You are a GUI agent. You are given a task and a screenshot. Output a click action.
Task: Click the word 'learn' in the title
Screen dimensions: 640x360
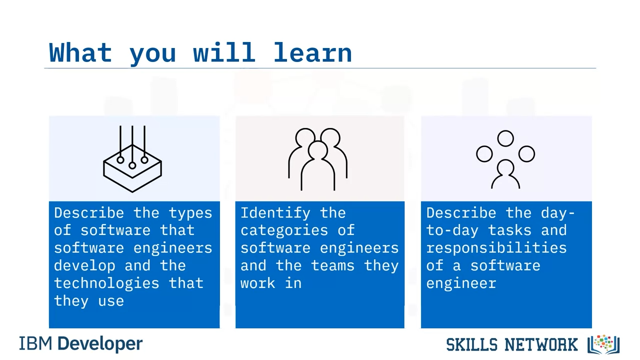coord(312,52)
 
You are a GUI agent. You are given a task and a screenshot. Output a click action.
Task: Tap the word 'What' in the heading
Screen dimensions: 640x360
coord(80,52)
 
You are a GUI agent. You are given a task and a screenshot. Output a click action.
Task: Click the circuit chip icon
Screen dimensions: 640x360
coord(132,159)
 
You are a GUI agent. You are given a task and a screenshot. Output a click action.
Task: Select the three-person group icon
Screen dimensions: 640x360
coord(317,159)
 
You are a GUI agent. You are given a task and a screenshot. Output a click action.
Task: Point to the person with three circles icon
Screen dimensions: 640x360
coord(505,159)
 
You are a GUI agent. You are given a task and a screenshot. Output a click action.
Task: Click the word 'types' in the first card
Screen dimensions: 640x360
coord(190,213)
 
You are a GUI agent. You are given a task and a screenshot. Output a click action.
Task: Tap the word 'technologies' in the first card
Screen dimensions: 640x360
coord(106,283)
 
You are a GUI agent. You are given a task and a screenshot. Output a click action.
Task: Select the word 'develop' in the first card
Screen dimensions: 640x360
coord(84,265)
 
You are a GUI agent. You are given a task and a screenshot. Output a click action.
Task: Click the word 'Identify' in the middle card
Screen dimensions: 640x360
coord(275,213)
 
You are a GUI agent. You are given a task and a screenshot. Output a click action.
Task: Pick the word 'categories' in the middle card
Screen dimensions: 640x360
coord(284,230)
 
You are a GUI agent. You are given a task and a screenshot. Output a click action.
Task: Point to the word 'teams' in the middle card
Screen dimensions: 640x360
coord(332,265)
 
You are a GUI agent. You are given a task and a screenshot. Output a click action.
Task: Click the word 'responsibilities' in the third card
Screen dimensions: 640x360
coord(496,248)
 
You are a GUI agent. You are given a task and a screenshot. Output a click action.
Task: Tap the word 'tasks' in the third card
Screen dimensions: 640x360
coord(509,230)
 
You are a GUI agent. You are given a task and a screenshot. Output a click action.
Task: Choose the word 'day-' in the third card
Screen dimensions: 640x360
coord(557,213)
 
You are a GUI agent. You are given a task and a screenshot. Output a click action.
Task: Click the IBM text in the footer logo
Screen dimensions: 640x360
coord(35,343)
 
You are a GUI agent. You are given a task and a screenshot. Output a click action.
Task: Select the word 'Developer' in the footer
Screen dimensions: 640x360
coord(100,344)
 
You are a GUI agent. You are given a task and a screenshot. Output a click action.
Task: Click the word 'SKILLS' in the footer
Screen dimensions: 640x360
coord(471,344)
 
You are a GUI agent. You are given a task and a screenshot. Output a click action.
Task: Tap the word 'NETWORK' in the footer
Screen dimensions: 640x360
coord(541,344)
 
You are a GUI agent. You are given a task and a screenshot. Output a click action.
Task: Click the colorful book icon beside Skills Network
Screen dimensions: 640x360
coord(603,344)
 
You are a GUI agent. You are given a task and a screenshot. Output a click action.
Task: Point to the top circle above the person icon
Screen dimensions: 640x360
coord(505,138)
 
